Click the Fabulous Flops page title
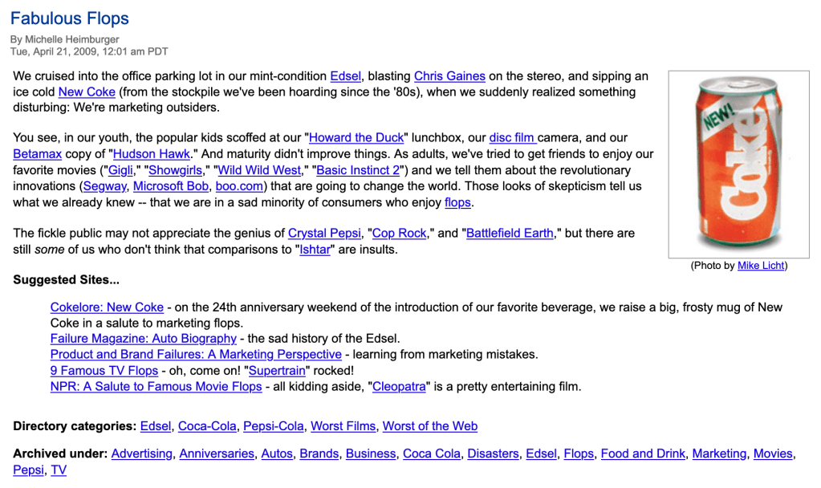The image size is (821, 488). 70,18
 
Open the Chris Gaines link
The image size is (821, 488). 449,76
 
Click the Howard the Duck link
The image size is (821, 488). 356,138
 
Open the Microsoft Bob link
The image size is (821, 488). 171,186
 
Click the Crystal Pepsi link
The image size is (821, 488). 325,233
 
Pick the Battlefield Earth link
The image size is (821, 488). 510,233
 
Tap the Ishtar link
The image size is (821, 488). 315,249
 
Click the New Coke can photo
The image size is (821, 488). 738,164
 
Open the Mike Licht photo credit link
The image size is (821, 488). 761,266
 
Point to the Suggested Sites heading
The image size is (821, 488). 66,280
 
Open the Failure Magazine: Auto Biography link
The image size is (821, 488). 143,339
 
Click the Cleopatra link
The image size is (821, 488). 400,387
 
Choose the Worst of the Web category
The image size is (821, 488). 429,426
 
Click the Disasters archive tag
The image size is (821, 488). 493,453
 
